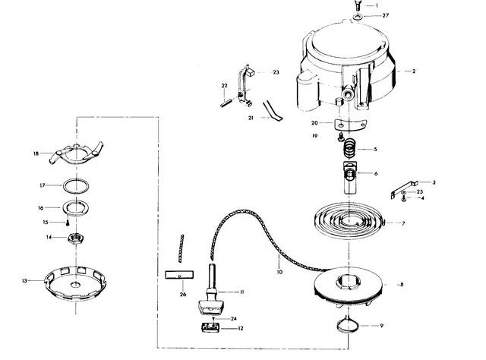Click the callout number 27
385,15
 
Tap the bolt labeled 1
358,6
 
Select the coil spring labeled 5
349,147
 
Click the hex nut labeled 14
76,238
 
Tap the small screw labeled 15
68,223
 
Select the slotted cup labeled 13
75,283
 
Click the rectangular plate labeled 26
179,275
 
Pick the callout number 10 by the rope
279,272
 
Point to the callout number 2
414,71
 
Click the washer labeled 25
403,193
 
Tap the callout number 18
36,153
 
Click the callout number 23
276,72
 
